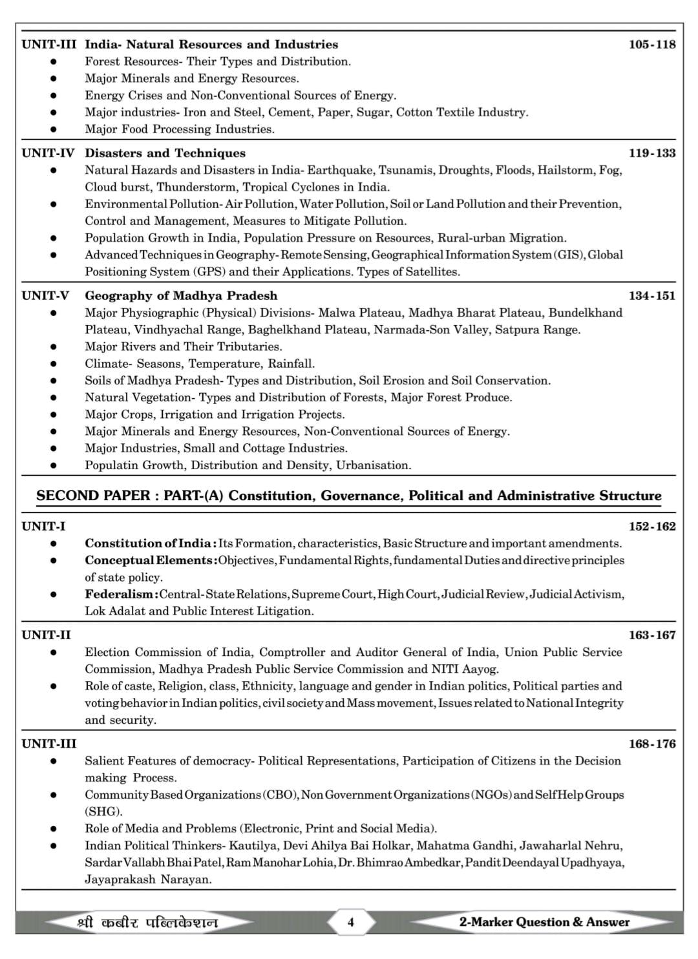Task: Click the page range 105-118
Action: tap(651, 45)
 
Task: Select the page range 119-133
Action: tap(651, 153)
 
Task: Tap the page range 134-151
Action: tap(651, 296)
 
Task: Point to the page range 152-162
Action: tap(651, 527)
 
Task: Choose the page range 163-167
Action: tap(651, 635)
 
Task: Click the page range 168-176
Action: tap(651, 744)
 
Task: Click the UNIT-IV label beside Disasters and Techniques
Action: tap(48, 153)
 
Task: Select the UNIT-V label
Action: tap(45, 296)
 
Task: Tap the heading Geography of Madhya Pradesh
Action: tap(181, 296)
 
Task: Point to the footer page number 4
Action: tap(351, 922)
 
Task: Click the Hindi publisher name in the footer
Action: tap(147, 922)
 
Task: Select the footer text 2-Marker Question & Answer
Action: tap(544, 922)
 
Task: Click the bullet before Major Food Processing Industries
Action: tap(54, 129)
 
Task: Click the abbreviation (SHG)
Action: tap(103, 812)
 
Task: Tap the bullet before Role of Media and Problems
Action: tap(54, 828)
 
